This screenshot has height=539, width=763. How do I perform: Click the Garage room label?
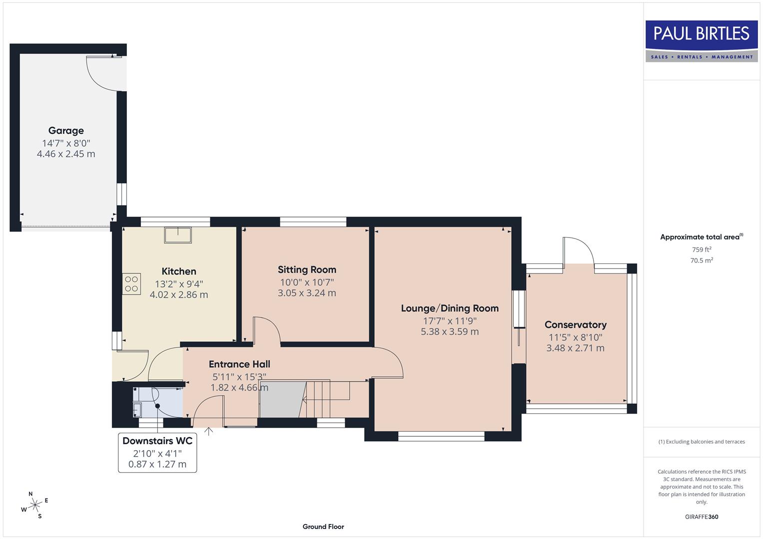tap(66, 131)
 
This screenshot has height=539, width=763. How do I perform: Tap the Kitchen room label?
tap(179, 271)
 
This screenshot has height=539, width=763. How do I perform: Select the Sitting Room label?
tap(307, 270)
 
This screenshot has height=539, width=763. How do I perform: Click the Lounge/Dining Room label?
tap(450, 308)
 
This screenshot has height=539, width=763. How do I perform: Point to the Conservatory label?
tap(575, 325)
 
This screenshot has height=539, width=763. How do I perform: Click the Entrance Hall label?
tap(239, 364)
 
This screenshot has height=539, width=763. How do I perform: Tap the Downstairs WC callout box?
tap(157, 453)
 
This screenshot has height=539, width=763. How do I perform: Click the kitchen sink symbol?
tap(178, 235)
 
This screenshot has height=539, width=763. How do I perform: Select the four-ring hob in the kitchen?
tap(132, 284)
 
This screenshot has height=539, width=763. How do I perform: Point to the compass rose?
tap(35, 506)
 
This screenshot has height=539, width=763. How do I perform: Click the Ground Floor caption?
tap(323, 527)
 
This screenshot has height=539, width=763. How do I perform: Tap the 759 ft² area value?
tap(702, 250)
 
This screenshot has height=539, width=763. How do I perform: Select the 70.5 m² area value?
tap(702, 260)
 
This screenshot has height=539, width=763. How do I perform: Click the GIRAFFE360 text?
tap(702, 517)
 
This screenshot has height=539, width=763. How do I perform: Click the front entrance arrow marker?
tap(208, 431)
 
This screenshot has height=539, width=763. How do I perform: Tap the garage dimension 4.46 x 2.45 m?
tap(66, 154)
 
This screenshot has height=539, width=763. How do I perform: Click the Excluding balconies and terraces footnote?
tap(702, 442)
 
